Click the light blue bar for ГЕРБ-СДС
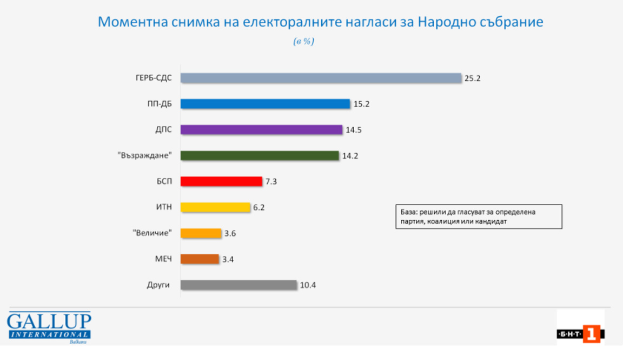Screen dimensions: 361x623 321,78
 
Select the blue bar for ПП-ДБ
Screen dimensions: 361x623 265,104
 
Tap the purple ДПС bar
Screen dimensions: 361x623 261,130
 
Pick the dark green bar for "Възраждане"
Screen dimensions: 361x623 260,156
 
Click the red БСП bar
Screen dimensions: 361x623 221,181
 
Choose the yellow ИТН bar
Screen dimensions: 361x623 215,207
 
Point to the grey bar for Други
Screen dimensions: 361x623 238,285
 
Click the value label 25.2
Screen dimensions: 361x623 472,78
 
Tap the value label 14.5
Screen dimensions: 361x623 354,130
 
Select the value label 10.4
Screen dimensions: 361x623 308,285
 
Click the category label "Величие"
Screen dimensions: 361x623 153,233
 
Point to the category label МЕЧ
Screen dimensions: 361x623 163,259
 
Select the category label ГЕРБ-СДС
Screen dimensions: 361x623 154,78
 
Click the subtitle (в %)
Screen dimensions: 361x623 303,42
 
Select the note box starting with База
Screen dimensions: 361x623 478,216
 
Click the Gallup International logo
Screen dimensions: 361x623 49,327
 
